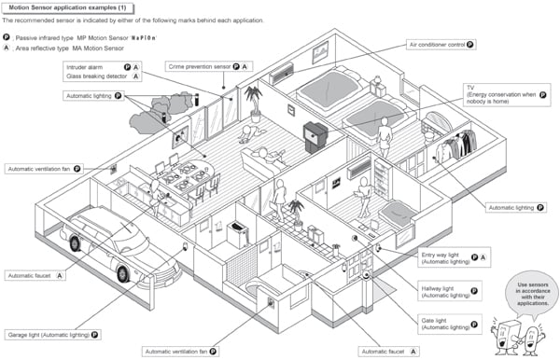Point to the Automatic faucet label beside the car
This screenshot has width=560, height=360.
click(36, 276)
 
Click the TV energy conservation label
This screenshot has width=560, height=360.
click(504, 94)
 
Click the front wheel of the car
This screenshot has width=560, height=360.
click(121, 272)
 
